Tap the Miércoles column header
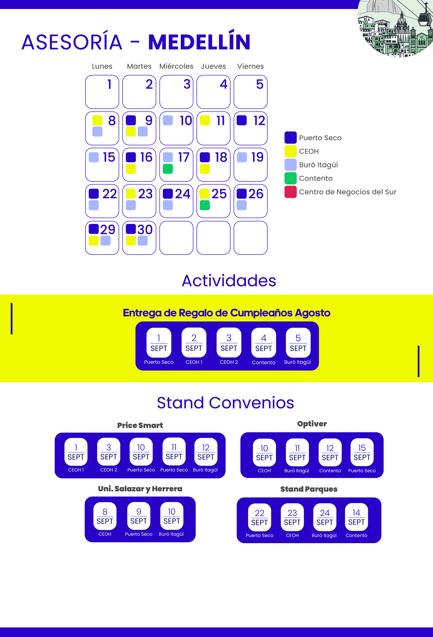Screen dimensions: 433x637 [176, 66]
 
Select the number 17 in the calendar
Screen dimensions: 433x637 [184, 157]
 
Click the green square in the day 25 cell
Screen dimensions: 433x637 [205, 205]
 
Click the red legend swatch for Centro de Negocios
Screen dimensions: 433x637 [290, 192]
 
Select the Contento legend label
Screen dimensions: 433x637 [316, 178]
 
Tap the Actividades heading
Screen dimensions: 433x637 [229, 281]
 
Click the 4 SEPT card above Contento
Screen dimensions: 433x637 [264, 343]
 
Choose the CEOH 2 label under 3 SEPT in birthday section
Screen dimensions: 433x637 [229, 362]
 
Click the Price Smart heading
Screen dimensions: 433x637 [140, 425]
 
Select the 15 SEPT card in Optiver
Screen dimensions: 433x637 [362, 452]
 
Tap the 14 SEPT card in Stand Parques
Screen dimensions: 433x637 [357, 517]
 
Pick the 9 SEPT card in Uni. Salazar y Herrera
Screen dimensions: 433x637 [139, 516]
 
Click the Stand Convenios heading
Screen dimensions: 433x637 [225, 403]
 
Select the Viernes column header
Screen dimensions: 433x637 [251, 66]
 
